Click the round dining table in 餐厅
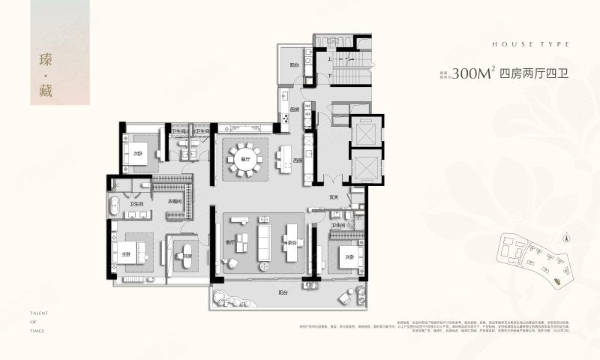[x=245, y=159]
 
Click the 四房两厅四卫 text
[x=531, y=74]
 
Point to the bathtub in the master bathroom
[x=116, y=206]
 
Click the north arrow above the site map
[x=567, y=237]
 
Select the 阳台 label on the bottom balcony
[x=283, y=292]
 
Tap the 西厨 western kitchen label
[x=298, y=160]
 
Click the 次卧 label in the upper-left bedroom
[x=137, y=154]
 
